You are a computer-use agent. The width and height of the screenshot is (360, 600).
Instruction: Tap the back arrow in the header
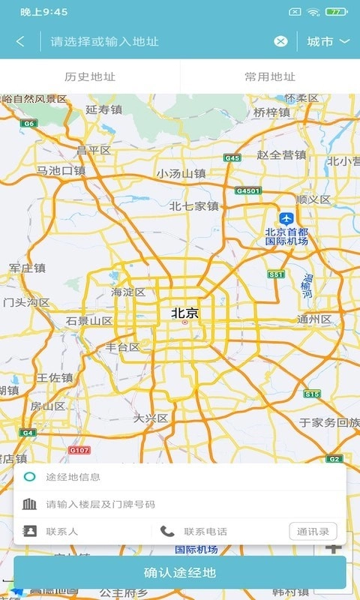pos(20,41)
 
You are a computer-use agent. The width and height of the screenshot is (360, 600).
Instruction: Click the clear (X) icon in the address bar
pos(280,41)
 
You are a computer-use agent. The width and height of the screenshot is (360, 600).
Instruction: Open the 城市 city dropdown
pos(328,41)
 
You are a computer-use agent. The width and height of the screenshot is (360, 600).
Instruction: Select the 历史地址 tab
pos(90,76)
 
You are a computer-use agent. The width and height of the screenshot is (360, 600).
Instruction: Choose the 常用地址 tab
pos(270,76)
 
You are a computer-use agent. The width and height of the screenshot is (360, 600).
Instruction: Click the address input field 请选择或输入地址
pos(157,41)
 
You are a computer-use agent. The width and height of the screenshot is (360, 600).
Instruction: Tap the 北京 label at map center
pos(185,313)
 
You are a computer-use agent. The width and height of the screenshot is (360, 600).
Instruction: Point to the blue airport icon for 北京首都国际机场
pos(286,217)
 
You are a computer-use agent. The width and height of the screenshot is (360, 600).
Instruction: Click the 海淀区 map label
pos(128,292)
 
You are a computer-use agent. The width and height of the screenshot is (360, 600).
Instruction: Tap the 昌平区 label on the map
pos(94,150)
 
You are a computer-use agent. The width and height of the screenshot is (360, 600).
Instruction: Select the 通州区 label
pos(314,319)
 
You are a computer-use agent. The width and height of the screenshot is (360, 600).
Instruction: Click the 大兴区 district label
pos(151,418)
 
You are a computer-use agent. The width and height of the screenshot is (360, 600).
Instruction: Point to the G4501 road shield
pos(247,190)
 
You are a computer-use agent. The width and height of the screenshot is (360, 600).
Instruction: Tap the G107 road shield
pos(79,450)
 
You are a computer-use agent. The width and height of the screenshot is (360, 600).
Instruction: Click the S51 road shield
pos(277,275)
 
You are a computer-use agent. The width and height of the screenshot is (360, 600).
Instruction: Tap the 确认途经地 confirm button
pos(180,573)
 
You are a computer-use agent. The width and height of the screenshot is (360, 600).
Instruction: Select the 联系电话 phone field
pos(205,532)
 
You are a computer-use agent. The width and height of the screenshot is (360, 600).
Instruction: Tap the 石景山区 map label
pos(89,321)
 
